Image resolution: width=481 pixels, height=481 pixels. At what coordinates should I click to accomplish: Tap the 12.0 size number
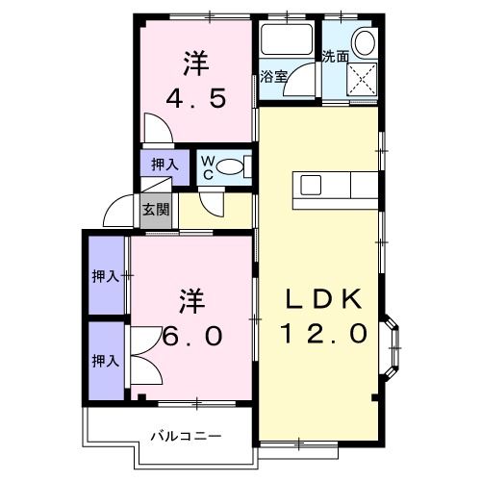click(323, 334)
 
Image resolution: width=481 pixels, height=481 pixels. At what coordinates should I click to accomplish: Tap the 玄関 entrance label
click(155, 209)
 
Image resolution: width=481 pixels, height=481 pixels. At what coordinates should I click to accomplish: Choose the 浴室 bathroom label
click(273, 77)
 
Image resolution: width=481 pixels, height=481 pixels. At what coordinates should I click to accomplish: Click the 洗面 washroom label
click(335, 57)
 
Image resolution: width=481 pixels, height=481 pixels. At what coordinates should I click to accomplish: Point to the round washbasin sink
click(364, 42)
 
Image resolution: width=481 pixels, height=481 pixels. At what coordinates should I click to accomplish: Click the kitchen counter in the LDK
click(337, 185)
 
